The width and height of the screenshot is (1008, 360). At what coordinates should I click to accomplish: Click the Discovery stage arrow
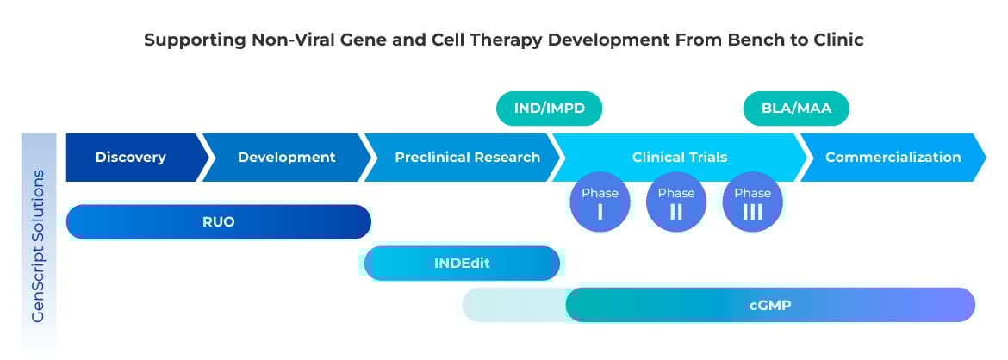pos(131,158)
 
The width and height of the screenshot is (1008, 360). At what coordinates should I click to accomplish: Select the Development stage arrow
pos(286,158)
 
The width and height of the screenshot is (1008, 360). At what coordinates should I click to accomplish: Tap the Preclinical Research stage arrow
pos(467,158)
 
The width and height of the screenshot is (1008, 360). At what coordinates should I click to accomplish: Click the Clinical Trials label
pos(679,158)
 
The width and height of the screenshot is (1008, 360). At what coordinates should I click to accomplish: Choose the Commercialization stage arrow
pos(893,158)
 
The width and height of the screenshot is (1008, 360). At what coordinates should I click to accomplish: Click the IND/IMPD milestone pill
pos(549,109)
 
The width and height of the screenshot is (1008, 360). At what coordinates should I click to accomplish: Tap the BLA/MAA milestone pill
pos(796,109)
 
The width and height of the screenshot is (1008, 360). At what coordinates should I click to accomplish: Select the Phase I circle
pos(600,203)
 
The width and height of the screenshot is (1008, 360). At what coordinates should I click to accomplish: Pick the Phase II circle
pos(676,203)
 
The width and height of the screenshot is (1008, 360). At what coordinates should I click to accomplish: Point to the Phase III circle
pos(752,203)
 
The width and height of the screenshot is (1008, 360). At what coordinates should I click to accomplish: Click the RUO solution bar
pos(218,222)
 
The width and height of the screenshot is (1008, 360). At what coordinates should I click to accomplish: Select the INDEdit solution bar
pos(462,264)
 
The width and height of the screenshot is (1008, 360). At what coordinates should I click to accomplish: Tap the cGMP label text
pos(769,305)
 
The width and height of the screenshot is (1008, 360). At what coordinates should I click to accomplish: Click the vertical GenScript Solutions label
pos(39,246)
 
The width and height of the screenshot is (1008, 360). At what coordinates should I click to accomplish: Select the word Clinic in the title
pos(837,40)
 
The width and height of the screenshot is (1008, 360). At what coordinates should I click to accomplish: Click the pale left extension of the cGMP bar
pos(513,305)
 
